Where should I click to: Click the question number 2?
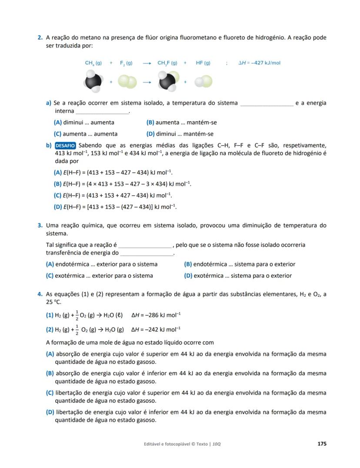click(x=40, y=38)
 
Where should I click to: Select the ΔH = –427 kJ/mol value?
click(x=260, y=63)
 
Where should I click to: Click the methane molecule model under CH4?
click(x=93, y=81)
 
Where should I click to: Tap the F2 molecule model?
click(x=127, y=82)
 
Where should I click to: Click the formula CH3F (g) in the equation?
click(x=167, y=63)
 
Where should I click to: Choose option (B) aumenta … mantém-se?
click(x=182, y=123)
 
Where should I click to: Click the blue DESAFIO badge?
click(x=65, y=146)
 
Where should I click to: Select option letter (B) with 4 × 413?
click(x=57, y=184)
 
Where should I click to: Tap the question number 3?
click(x=40, y=226)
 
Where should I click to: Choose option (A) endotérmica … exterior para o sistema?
click(x=102, y=264)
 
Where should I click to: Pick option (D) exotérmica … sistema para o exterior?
click(x=238, y=275)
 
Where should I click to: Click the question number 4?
click(x=40, y=294)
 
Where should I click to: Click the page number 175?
click(x=322, y=444)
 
